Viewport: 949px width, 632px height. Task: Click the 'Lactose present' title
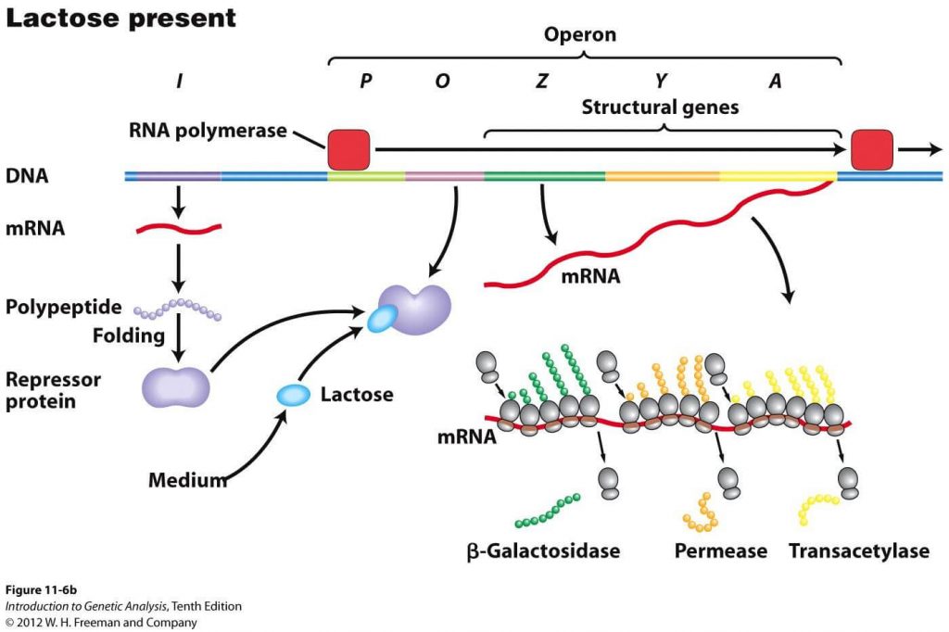click(x=121, y=18)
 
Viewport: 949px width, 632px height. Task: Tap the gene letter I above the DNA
click(x=178, y=82)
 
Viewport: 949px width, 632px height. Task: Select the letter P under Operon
click(x=365, y=82)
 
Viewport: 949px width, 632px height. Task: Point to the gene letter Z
click(x=541, y=82)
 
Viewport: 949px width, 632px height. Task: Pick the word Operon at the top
click(x=579, y=35)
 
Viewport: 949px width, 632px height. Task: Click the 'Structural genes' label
click(x=660, y=107)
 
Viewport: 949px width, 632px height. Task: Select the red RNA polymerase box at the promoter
click(x=348, y=149)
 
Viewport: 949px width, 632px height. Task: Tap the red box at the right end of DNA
click(x=871, y=149)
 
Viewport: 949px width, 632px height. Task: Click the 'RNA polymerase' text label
click(x=208, y=131)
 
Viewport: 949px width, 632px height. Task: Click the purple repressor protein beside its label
click(x=175, y=386)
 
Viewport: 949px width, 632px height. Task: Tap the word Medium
click(x=187, y=480)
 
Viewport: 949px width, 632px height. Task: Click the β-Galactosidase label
click(x=543, y=551)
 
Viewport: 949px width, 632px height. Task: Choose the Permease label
click(x=720, y=551)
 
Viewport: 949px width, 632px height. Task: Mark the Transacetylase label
click(x=858, y=551)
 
